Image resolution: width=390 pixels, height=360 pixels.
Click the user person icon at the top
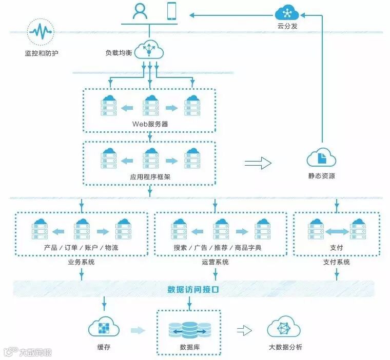point(140,11)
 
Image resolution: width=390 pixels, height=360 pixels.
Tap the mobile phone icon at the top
point(172,11)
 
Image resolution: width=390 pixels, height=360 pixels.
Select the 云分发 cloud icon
point(287,12)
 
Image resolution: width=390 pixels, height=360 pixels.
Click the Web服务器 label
point(150,124)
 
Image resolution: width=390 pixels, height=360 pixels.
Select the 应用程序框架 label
point(150,176)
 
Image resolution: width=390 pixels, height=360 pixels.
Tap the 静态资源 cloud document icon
point(322,157)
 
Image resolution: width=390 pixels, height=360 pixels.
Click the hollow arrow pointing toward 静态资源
point(258,163)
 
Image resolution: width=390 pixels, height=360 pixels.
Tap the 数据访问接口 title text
point(193,289)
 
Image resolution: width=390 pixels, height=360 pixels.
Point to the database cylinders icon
point(189,330)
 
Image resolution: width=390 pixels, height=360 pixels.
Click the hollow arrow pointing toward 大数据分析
point(244,331)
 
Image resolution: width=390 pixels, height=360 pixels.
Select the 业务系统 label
point(81,262)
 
